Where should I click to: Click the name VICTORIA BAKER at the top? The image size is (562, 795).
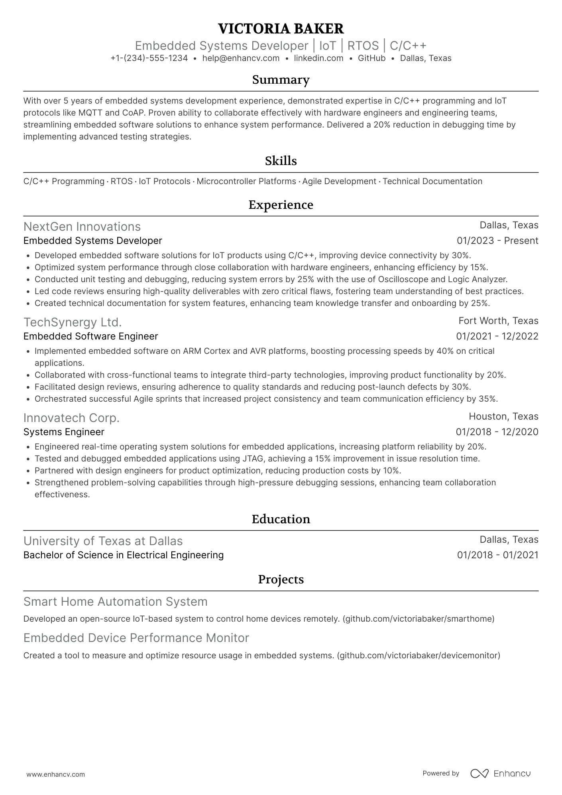pos(281,29)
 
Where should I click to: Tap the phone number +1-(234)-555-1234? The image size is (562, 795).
pos(149,58)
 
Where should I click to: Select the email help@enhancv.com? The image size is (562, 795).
pos(241,58)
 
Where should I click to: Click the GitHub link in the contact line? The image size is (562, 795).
pos(371,58)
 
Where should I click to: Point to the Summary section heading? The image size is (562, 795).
pos(281,80)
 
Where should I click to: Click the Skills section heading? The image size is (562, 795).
pos(281,161)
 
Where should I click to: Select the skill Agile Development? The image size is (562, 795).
pos(339,181)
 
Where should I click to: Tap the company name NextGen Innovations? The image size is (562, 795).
pos(82,226)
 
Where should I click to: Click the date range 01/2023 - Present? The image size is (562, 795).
pos(497,241)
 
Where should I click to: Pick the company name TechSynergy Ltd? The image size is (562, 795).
pos(73,322)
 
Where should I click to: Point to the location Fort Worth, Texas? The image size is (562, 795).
pos(498,321)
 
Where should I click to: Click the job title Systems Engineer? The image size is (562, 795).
pos(64,432)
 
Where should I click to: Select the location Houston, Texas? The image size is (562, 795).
pos(503,416)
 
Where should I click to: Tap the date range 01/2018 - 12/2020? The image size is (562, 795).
pos(497,432)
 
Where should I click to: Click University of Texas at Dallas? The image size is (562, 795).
pos(103,541)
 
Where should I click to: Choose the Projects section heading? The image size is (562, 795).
pos(281,579)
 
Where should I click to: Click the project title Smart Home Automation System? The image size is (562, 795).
pos(116,601)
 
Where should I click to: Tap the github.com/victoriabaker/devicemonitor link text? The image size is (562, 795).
pos(419,655)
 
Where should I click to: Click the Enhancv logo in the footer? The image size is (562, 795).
pos(501,773)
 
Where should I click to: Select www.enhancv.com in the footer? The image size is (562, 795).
pos(56,774)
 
